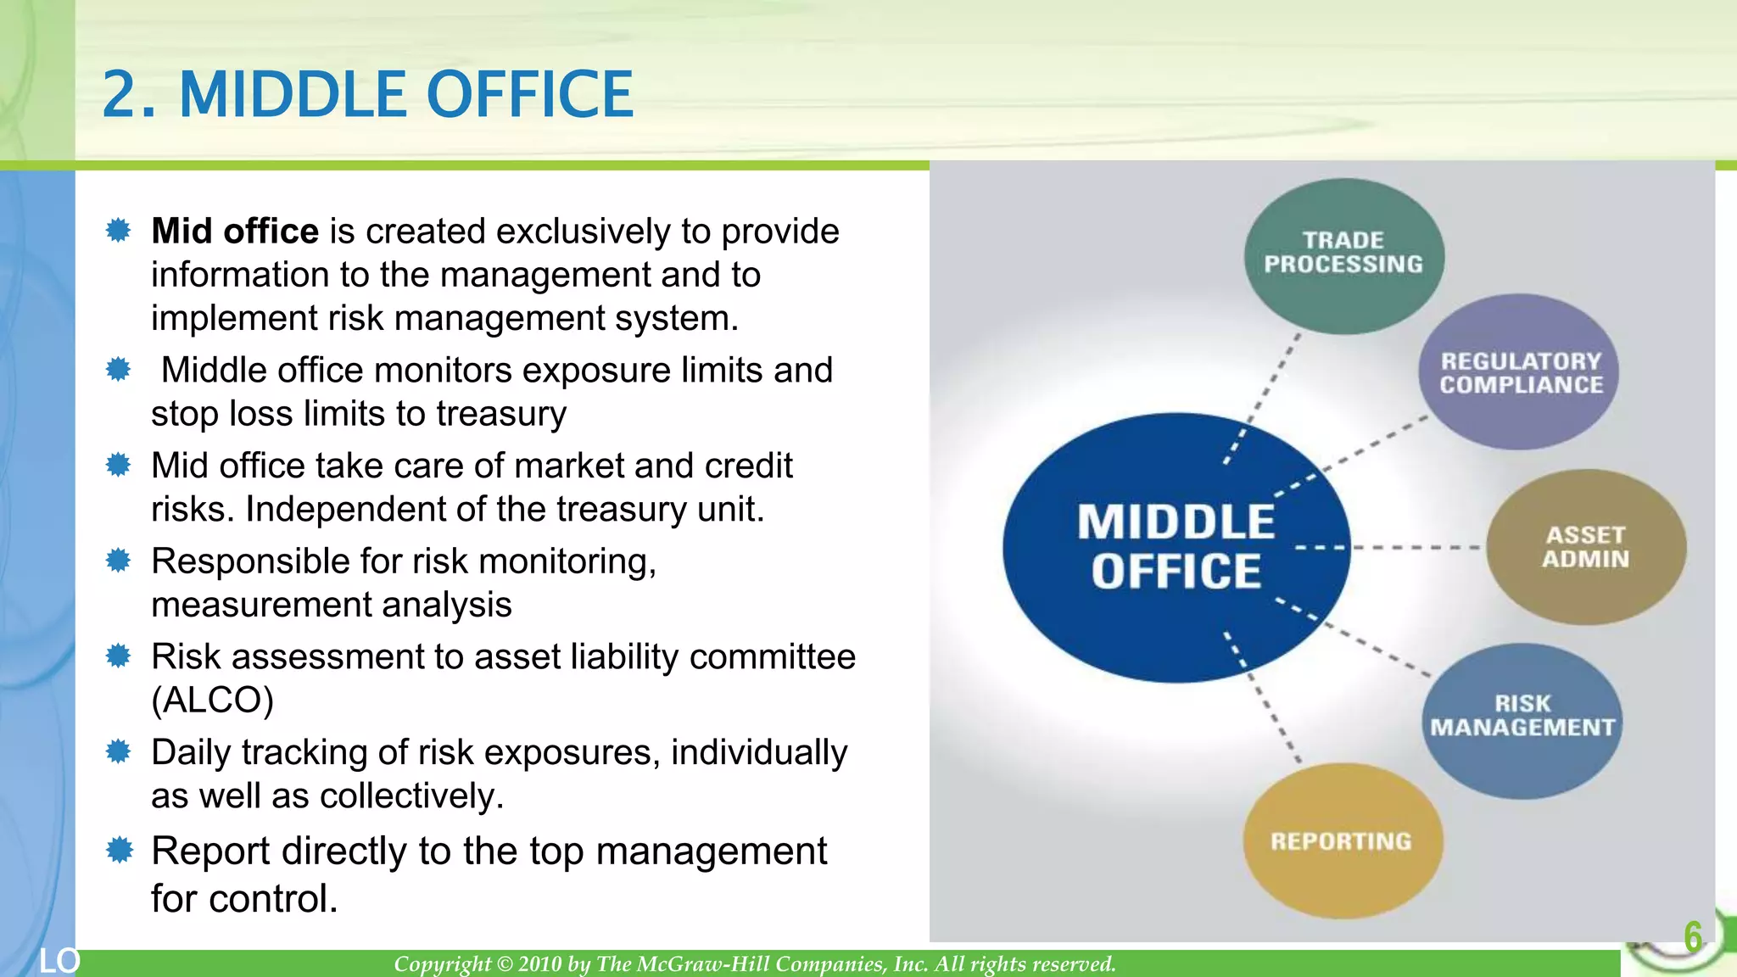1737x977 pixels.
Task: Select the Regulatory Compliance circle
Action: (1518, 372)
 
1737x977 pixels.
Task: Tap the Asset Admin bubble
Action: (1584, 547)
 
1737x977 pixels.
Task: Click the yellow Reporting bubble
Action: (1342, 840)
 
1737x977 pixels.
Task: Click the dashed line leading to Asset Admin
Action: (1416, 547)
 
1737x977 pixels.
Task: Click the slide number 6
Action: (1692, 936)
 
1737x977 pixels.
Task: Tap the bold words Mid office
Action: (234, 232)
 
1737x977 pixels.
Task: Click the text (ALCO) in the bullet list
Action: (212, 701)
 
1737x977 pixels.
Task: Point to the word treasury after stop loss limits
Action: (500, 414)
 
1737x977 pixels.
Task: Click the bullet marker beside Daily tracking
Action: (119, 751)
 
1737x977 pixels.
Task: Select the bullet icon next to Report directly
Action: (119, 849)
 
